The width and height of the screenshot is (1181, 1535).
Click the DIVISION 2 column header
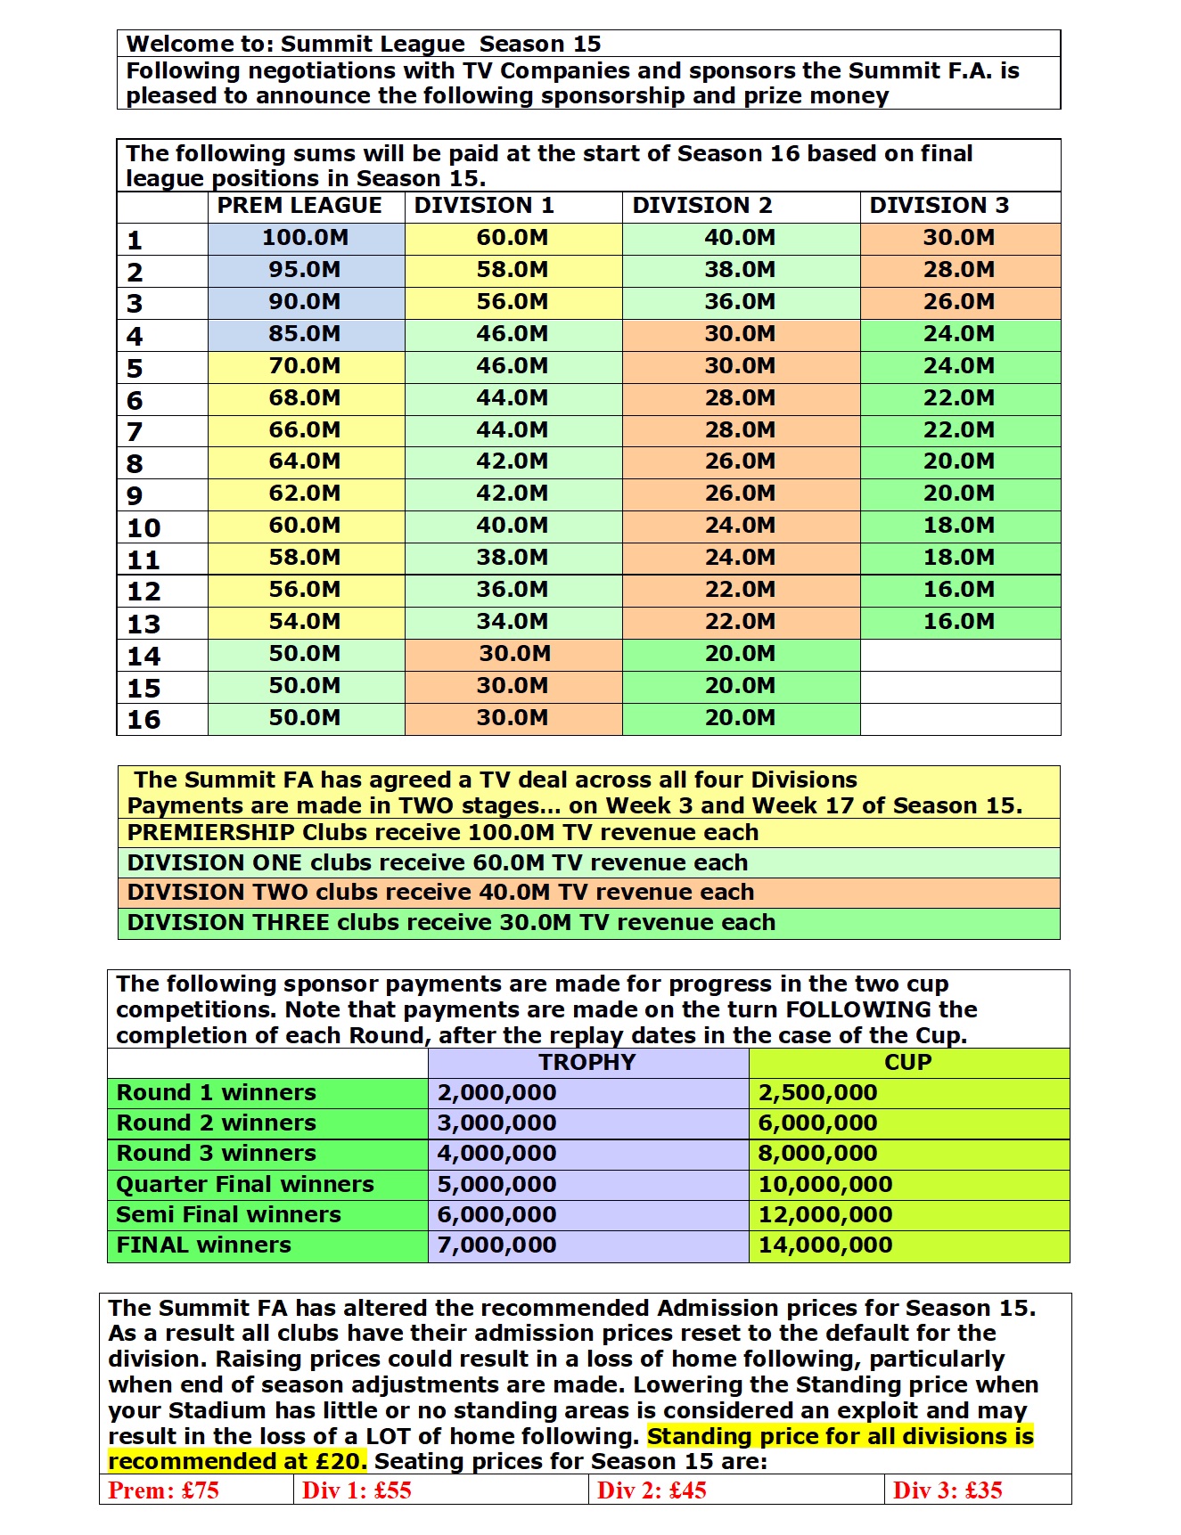702,206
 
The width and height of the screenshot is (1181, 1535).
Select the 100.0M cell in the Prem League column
305,238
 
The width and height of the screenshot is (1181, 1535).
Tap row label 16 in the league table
144,720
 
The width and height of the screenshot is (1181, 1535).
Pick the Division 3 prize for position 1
959,238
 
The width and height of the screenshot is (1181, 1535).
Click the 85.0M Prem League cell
305,334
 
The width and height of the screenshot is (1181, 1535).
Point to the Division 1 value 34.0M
512,622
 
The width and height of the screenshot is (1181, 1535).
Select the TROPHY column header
587,1063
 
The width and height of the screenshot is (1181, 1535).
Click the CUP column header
907,1063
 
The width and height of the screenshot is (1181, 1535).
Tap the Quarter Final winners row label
245,1185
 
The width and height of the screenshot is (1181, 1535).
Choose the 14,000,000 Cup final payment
825,1245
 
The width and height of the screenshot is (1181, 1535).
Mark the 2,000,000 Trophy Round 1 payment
496,1093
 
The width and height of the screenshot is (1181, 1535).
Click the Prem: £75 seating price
164,1490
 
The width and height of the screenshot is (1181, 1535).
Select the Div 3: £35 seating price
947,1490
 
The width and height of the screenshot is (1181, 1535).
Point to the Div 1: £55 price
357,1490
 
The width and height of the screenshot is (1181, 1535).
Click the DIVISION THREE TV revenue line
451,923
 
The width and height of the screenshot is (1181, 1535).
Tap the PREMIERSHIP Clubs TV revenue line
443,833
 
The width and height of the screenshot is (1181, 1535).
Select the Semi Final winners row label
229,1215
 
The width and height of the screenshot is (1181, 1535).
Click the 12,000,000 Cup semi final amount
825,1215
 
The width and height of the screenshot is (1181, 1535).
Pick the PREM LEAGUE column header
299,206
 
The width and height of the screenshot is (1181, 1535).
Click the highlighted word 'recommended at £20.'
237,1462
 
